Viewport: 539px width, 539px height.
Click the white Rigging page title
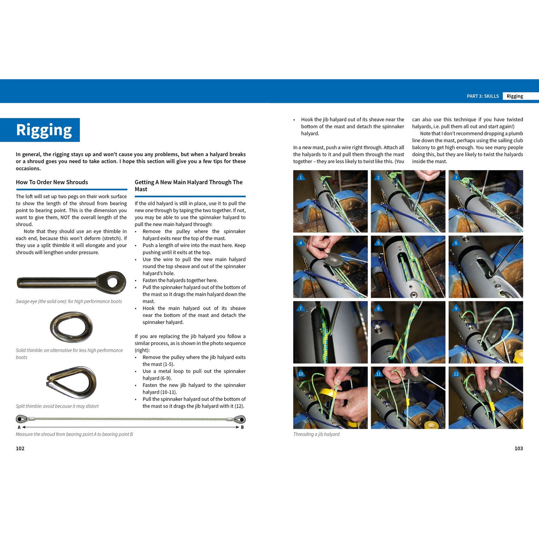(x=44, y=130)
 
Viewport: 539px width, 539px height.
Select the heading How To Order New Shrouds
(x=52, y=182)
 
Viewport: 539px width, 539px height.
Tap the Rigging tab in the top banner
(x=515, y=96)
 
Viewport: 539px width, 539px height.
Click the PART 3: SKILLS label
(x=483, y=96)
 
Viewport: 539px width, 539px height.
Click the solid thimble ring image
(x=71, y=327)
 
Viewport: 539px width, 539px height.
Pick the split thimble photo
(x=71, y=382)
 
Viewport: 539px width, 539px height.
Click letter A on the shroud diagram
(x=19, y=427)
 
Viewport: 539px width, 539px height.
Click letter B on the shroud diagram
(x=242, y=427)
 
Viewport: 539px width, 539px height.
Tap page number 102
(x=20, y=448)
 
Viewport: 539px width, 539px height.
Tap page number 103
(x=519, y=448)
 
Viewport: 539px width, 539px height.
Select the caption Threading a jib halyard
(x=316, y=434)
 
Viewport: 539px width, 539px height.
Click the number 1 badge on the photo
(x=301, y=177)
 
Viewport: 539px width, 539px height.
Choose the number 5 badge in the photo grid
(x=378, y=243)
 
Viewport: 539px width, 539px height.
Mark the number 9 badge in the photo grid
(x=456, y=308)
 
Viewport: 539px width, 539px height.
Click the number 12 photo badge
(x=456, y=374)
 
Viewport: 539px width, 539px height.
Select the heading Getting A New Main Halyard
(x=188, y=186)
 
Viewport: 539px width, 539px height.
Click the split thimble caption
(x=57, y=406)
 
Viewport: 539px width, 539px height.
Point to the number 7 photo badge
(x=301, y=308)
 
